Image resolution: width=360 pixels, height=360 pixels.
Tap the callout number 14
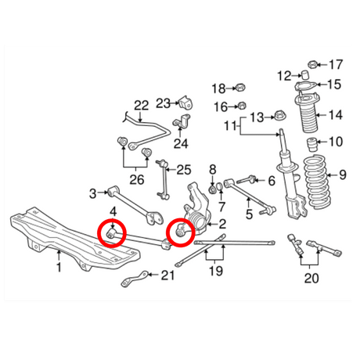pyautogui.click(x=336, y=116)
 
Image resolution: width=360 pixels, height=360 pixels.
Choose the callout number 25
pyautogui.click(x=184, y=169)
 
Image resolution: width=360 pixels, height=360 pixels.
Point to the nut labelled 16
pyautogui.click(x=241, y=106)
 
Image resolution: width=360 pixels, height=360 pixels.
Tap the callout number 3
pyautogui.click(x=92, y=192)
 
